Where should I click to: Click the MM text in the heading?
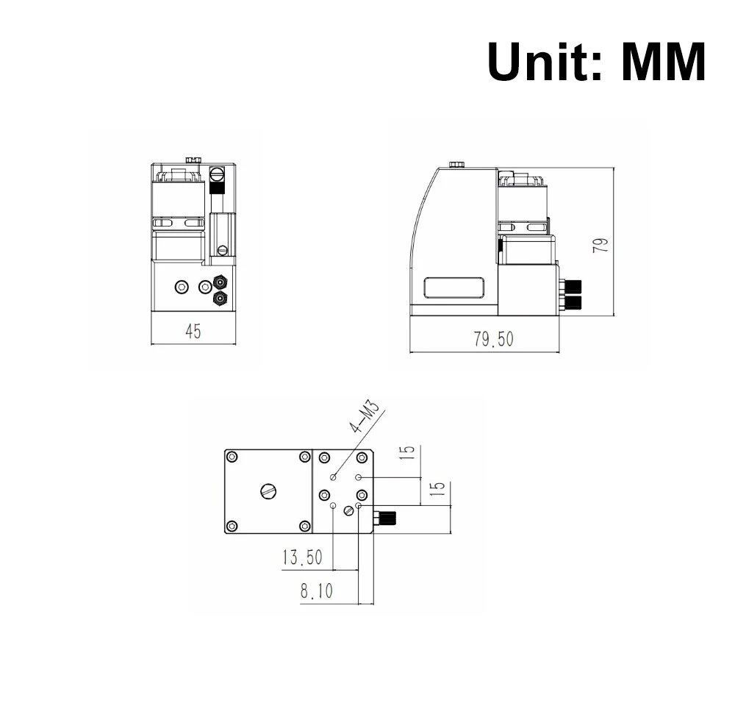point(663,62)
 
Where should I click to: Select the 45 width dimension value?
point(193,331)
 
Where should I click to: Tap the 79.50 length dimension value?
point(493,339)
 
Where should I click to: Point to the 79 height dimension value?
point(600,245)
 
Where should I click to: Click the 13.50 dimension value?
point(302,557)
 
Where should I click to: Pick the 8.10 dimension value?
point(316,591)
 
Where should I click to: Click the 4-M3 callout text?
point(364,417)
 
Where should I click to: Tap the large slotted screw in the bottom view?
point(268,491)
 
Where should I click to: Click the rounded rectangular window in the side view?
point(453,288)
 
